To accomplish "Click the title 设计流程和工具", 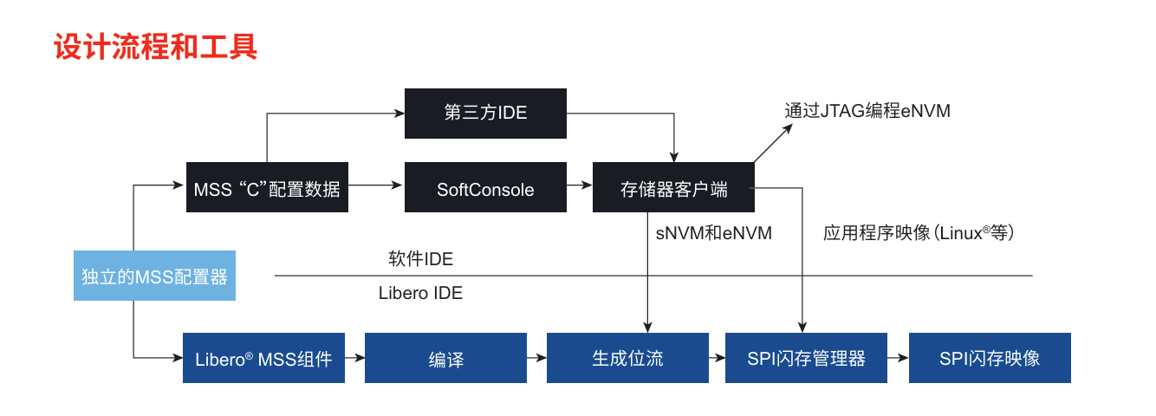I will click(x=156, y=47).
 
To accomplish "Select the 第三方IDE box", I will click(x=485, y=113).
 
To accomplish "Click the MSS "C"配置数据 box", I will click(x=267, y=187).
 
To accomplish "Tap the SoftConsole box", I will click(x=485, y=187).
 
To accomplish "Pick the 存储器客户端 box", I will click(x=673, y=187).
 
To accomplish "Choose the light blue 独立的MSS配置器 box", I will click(x=154, y=276).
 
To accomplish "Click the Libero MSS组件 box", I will click(x=263, y=358).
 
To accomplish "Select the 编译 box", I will click(x=445, y=358).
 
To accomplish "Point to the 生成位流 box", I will click(x=627, y=358).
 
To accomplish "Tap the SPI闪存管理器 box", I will click(x=806, y=358).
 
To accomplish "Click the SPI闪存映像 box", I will click(x=990, y=358).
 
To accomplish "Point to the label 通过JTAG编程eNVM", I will click(x=867, y=111).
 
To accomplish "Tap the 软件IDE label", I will click(x=420, y=258).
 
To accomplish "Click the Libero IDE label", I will click(x=420, y=293).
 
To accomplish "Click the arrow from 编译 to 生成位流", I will click(x=536, y=357).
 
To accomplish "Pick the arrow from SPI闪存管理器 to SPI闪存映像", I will click(x=898, y=357).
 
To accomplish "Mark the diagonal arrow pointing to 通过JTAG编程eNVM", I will click(x=773, y=143).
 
